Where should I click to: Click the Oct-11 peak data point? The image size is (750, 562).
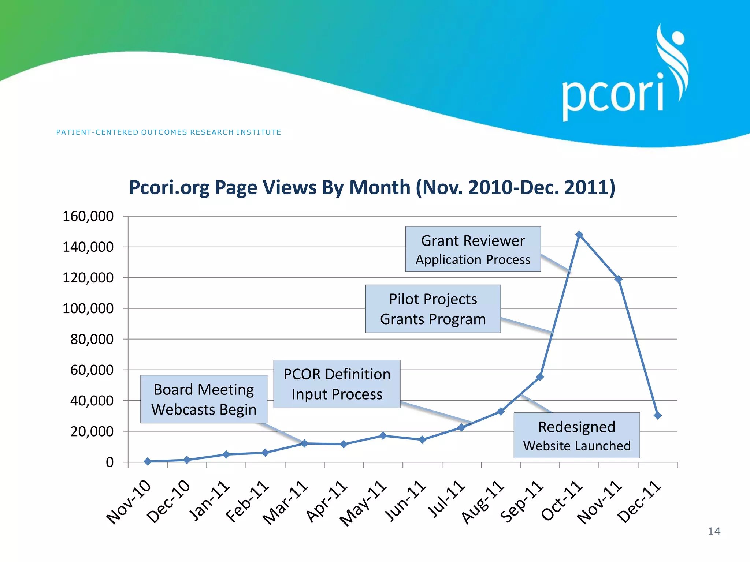pyautogui.click(x=579, y=235)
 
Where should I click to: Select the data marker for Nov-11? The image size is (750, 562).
pyautogui.click(x=618, y=280)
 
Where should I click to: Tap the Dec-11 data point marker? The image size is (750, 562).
pyautogui.click(x=657, y=415)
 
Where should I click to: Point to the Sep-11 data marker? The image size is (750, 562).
pyautogui.click(x=540, y=377)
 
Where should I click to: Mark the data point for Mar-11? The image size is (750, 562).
pyautogui.click(x=304, y=443)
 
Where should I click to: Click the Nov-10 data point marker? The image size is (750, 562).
pyautogui.click(x=148, y=461)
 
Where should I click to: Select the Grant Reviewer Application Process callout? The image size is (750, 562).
pyautogui.click(x=473, y=249)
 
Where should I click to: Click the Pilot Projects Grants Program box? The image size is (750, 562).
pyautogui.click(x=433, y=309)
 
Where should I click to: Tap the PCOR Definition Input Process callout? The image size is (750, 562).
pyautogui.click(x=337, y=384)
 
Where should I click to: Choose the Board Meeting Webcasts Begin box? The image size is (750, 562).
pyautogui.click(x=204, y=399)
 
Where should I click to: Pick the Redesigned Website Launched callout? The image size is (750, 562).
pyautogui.click(x=576, y=435)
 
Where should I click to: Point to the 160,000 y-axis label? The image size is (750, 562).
pyautogui.click(x=88, y=216)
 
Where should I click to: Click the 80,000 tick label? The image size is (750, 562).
pyautogui.click(x=92, y=339)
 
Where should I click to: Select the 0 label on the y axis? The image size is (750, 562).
pyautogui.click(x=109, y=462)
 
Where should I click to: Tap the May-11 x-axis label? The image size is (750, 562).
pyautogui.click(x=363, y=503)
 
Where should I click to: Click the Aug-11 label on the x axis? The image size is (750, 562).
pyautogui.click(x=482, y=502)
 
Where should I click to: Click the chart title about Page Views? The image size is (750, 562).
pyautogui.click(x=372, y=188)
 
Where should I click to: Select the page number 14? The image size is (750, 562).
pyautogui.click(x=714, y=531)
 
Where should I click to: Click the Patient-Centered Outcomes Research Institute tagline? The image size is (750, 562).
pyautogui.click(x=168, y=132)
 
